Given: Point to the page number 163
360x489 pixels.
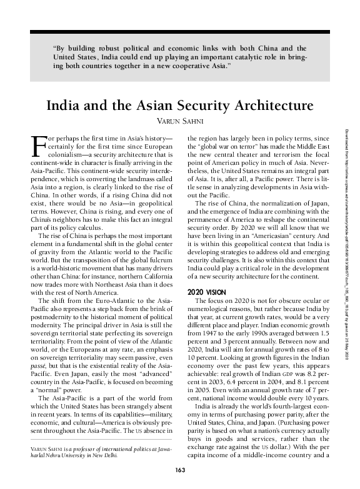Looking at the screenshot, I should (180, 470).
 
